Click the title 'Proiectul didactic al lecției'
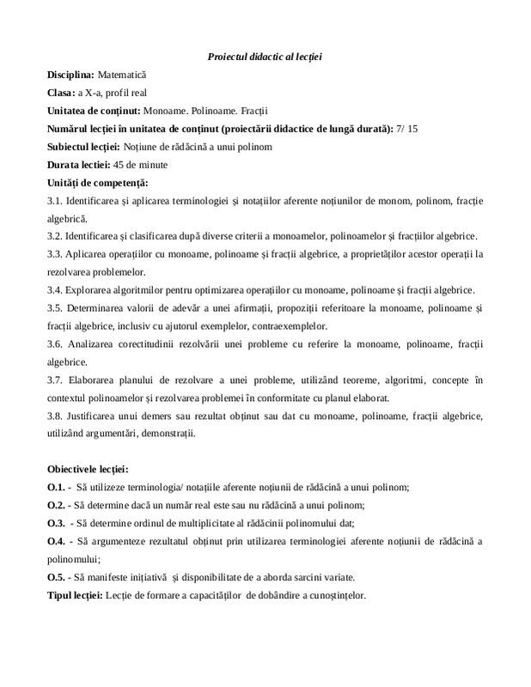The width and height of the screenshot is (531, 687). point(265,57)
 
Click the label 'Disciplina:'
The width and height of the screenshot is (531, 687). point(70,76)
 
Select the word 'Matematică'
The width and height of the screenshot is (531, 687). point(123,76)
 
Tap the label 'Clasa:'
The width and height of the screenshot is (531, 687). point(62,93)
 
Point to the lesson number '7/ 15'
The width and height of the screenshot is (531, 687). point(407,128)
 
